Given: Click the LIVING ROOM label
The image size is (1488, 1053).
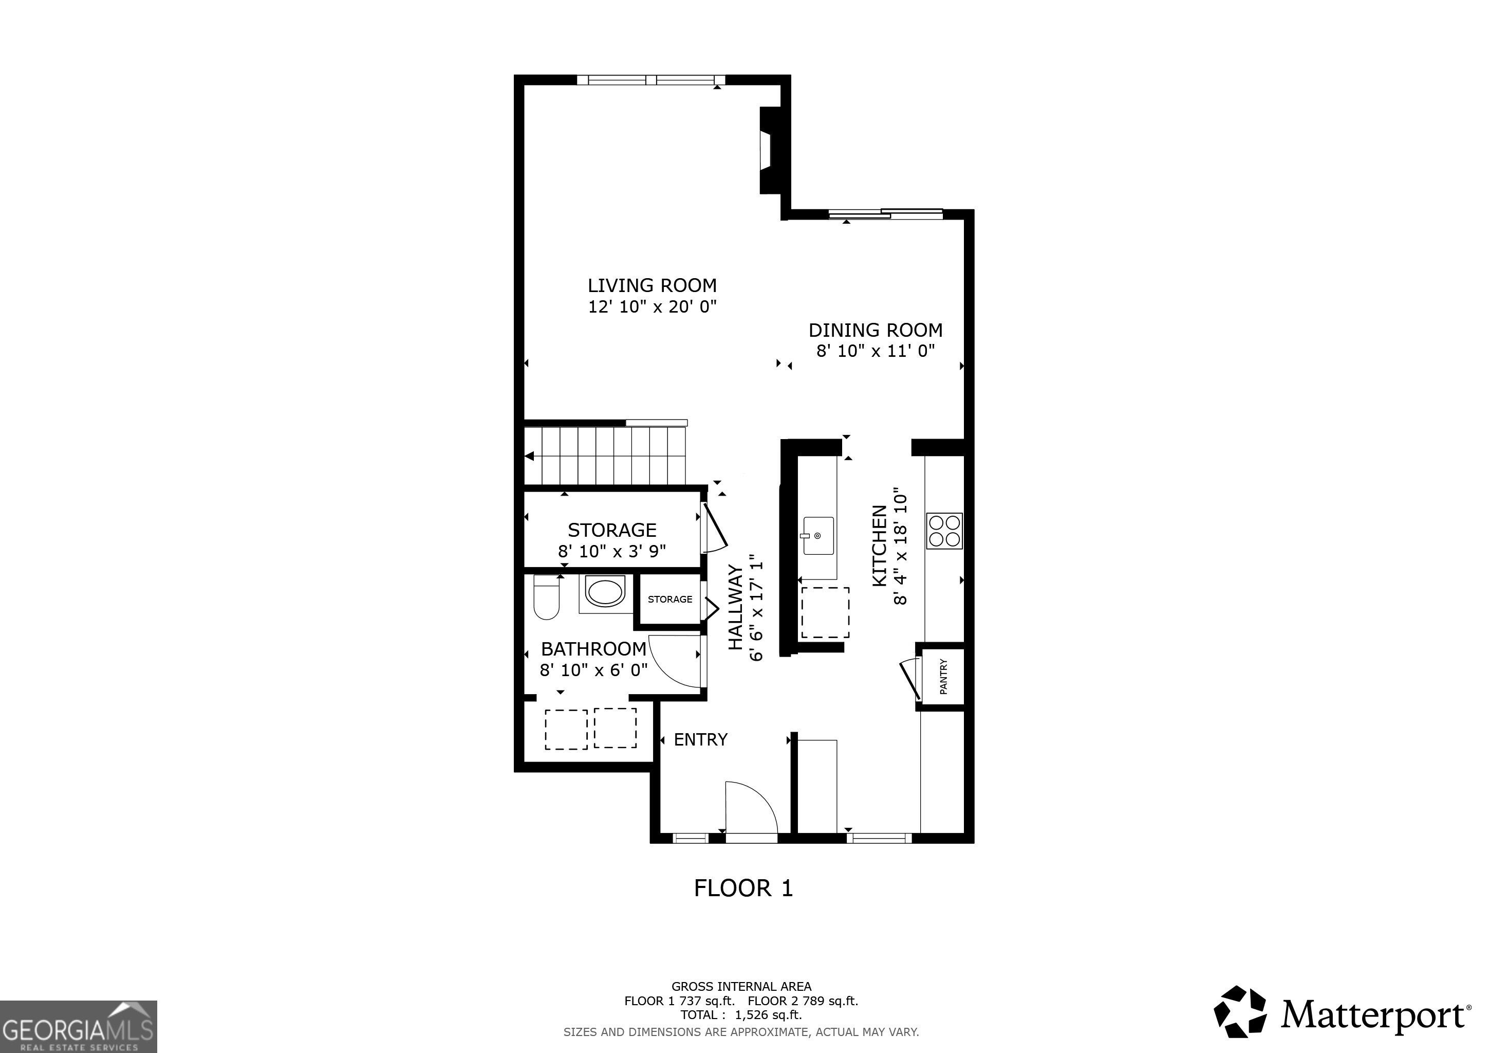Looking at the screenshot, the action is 652,285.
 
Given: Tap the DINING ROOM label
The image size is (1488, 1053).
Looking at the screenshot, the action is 876,330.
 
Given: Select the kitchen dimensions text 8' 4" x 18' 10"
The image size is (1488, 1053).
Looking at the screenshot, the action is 901,547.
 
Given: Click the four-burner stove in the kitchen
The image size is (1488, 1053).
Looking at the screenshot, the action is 944,531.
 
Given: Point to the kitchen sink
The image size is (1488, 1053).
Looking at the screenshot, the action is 819,536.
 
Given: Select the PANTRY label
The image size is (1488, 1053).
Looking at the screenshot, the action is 943,677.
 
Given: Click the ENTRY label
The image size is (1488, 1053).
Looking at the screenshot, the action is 700,740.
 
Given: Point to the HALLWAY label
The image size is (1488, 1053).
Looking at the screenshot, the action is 735,608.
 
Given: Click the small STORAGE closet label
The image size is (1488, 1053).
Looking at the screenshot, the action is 670,599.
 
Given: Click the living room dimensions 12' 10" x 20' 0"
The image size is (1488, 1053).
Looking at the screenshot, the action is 652,306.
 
